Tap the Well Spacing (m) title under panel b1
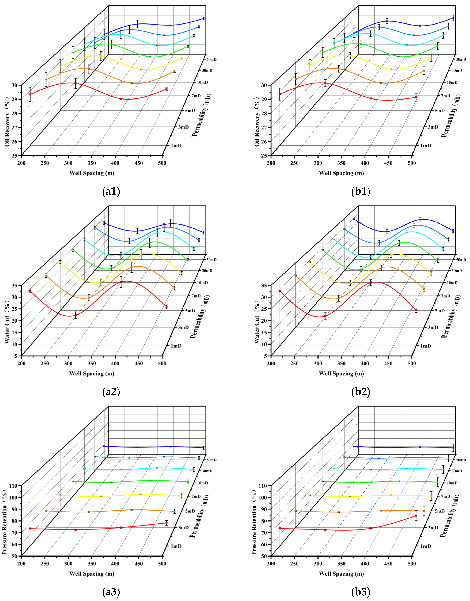341,173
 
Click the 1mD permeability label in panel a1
176,146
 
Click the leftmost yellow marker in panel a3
60,495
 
